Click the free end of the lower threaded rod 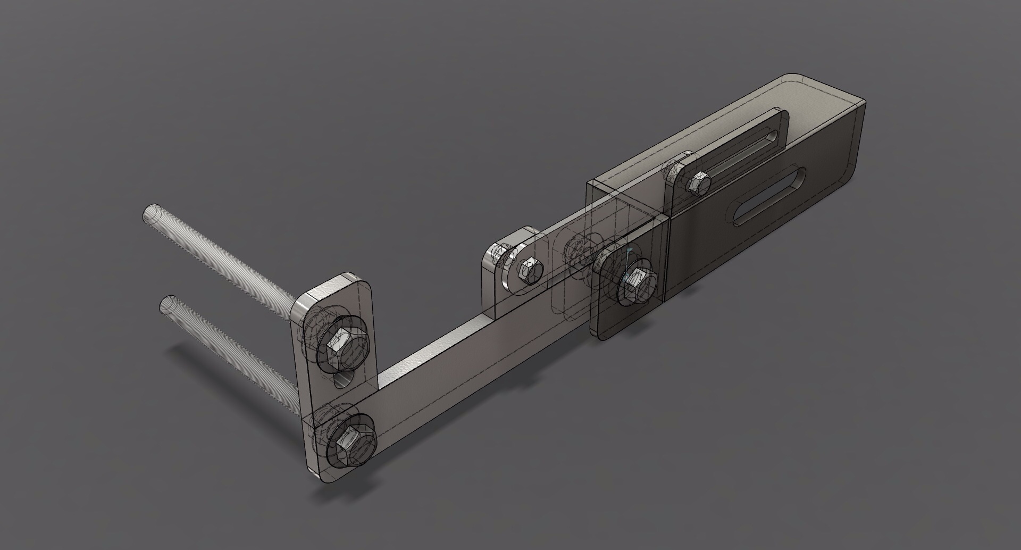click(168, 304)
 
